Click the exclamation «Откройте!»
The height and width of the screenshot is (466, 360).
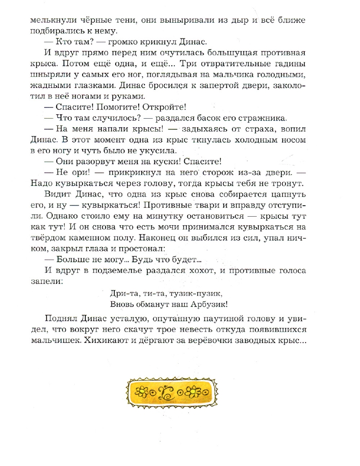click(x=163, y=108)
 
